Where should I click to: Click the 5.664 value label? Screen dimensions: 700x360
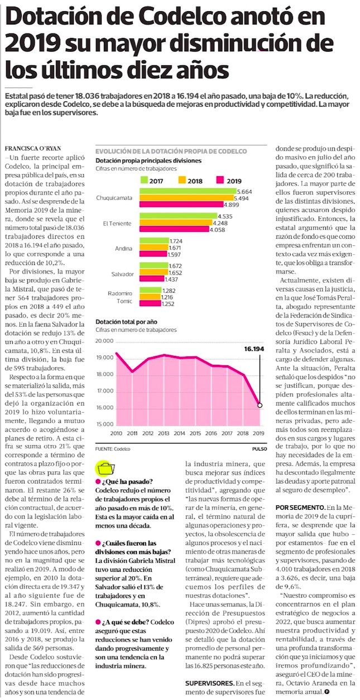coord(245,191)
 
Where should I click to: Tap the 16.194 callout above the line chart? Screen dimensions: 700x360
coord(253,349)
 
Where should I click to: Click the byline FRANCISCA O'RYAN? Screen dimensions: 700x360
coord(32,149)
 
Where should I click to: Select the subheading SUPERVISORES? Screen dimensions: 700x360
coord(209,683)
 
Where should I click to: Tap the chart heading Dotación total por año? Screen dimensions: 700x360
coord(127,322)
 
